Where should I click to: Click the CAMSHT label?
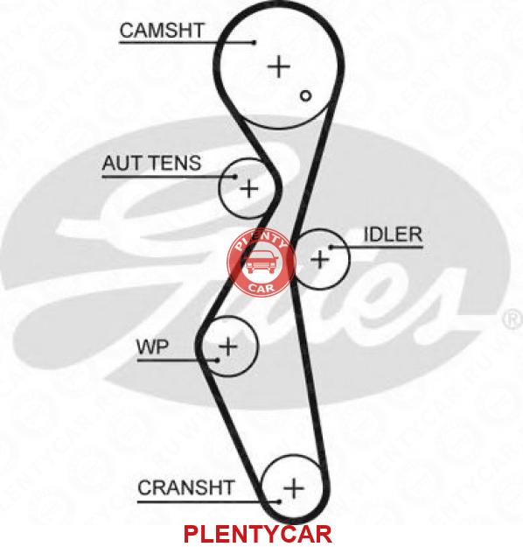coord(162,31)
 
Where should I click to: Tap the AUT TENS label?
coord(151,163)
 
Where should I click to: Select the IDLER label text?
coord(393,235)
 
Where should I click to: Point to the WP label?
coord(152,347)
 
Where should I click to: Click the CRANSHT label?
coord(185,487)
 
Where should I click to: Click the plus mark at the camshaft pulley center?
coord(279,67)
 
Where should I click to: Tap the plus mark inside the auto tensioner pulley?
coord(249,189)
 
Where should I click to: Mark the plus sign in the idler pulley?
coord(319,259)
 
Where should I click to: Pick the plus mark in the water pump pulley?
coord(228,347)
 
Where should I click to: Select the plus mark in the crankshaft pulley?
coord(294,487)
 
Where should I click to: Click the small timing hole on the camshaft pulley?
coord(306,95)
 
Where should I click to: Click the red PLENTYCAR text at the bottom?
coord(258,534)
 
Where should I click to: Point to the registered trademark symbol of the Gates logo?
coord(513,319)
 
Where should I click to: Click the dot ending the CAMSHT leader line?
coord(255,43)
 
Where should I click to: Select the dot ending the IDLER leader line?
coord(331,248)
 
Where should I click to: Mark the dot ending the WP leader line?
coord(218,360)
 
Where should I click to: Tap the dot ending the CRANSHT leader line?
coord(279,501)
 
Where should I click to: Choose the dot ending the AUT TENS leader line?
coord(235,177)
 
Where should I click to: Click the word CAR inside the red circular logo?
coord(261,288)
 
